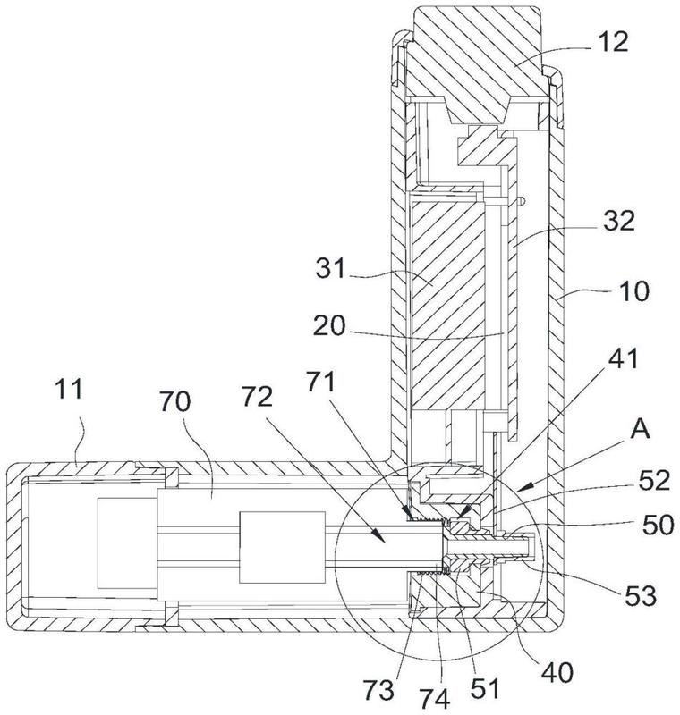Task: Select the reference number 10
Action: coord(620,291)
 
